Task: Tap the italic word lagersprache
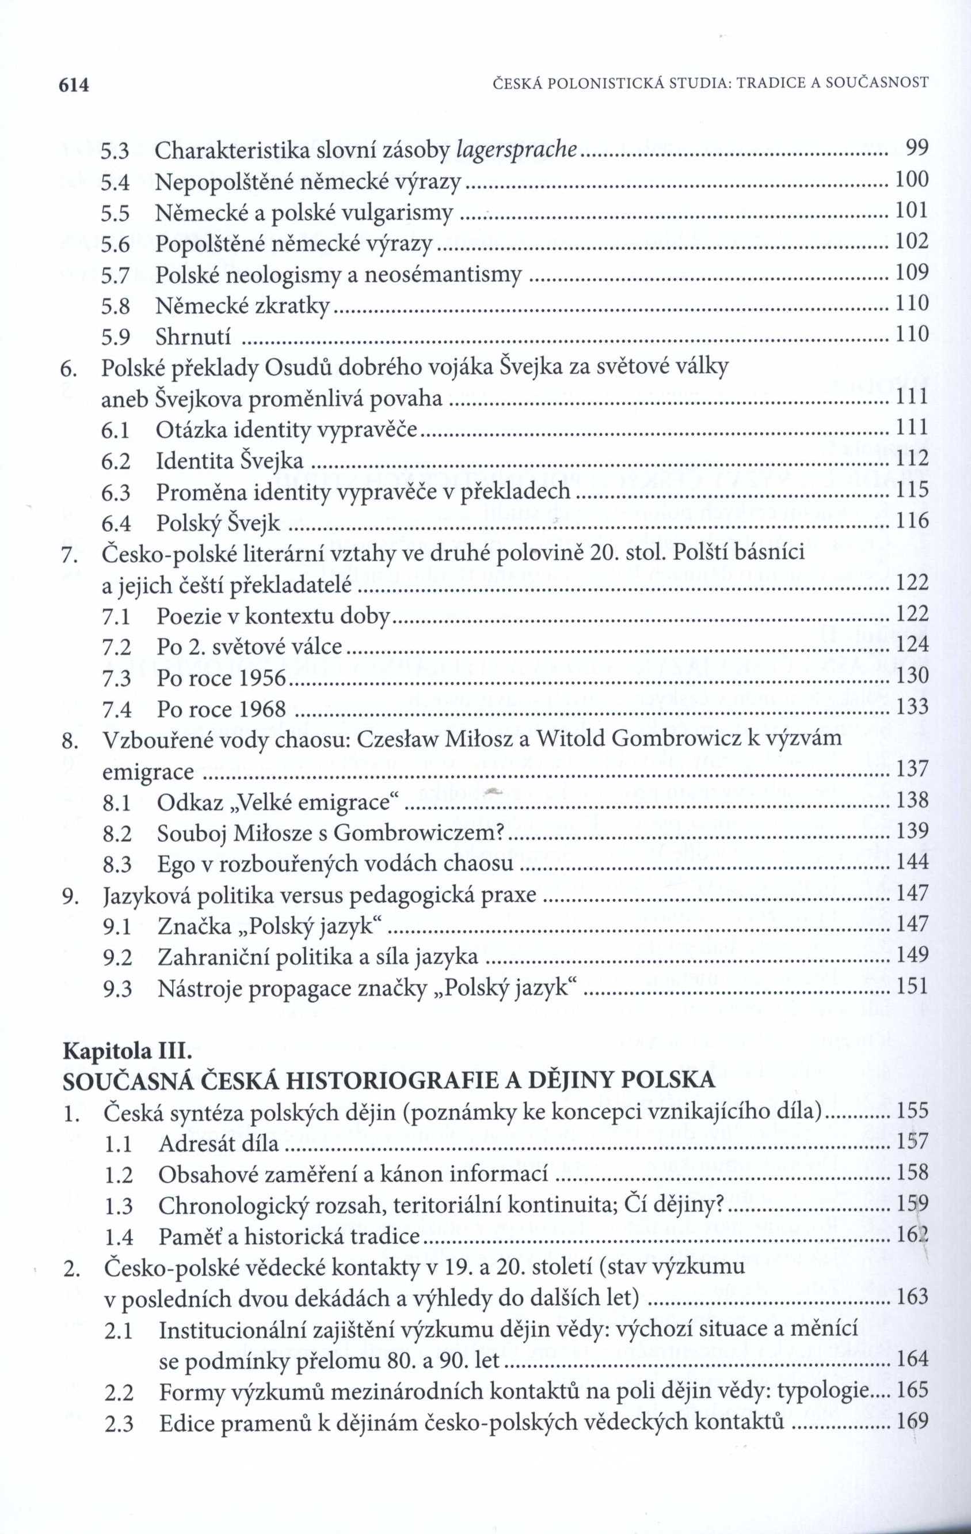click(517, 150)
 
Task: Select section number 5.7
click(115, 275)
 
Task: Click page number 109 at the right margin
click(912, 272)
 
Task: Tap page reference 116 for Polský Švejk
click(912, 522)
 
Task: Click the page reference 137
click(912, 769)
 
